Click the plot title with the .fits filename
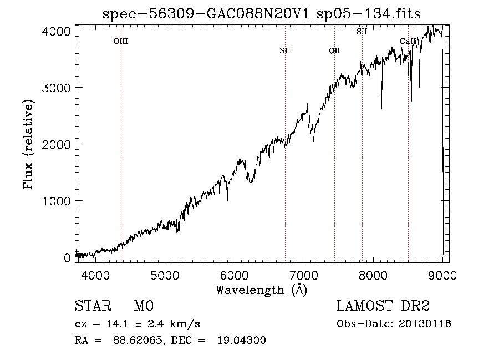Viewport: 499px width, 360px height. pos(261,14)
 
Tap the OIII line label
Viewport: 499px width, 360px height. pos(121,41)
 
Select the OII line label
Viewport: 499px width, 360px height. pos(334,51)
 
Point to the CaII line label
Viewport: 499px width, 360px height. pos(408,42)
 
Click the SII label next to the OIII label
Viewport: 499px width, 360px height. pos(285,51)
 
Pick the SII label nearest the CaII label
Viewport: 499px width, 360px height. pos(362,32)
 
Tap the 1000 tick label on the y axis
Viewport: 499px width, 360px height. pos(57,201)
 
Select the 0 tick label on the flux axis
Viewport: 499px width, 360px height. pos(67,258)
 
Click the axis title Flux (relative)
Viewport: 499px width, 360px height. pos(29,144)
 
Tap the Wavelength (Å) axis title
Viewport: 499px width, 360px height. pos(261,290)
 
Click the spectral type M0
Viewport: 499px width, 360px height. pos(143,306)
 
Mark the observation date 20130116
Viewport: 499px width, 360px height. pos(424,324)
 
